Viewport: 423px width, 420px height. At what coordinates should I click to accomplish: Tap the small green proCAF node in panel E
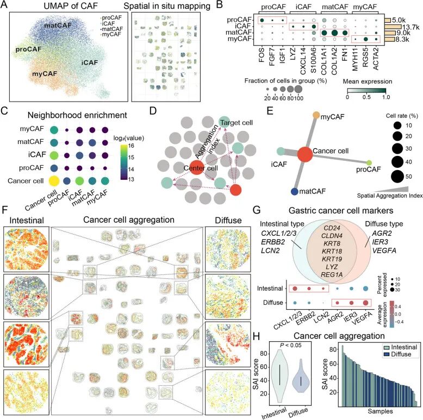(x=370, y=162)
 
